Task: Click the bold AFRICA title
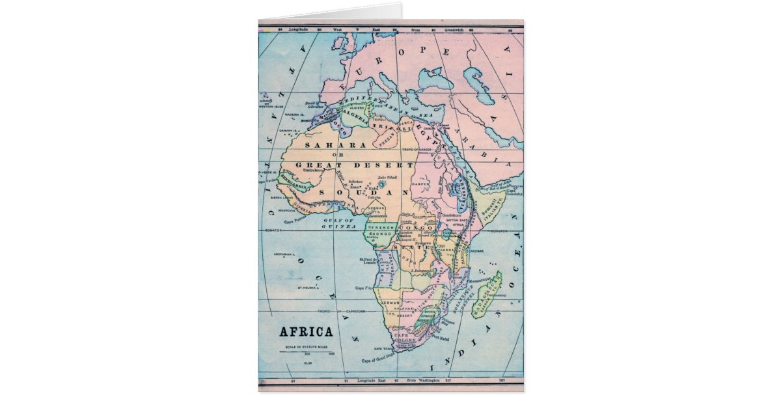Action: [306, 332]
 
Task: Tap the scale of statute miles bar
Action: [307, 351]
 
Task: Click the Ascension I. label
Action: [285, 254]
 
